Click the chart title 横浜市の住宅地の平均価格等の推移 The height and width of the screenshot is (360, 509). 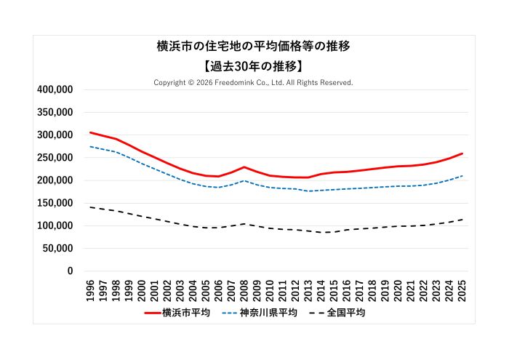click(254, 47)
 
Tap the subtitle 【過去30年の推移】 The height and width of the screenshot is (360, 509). click(254, 65)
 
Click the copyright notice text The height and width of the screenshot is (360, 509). click(254, 83)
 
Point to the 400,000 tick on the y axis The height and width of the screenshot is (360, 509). click(55, 89)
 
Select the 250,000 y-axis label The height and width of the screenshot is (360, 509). click(55, 158)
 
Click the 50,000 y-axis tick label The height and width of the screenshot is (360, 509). click(57, 249)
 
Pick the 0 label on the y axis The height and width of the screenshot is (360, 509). click(70, 271)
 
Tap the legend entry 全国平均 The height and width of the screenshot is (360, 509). click(346, 313)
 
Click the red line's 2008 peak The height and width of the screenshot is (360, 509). click(244, 167)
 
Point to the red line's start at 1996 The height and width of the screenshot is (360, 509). click(90, 132)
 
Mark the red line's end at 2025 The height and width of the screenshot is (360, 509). click(462, 153)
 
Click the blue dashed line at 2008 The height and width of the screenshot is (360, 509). click(244, 181)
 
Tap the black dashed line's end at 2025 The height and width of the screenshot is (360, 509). click(462, 220)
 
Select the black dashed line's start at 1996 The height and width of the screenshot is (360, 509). click(90, 207)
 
